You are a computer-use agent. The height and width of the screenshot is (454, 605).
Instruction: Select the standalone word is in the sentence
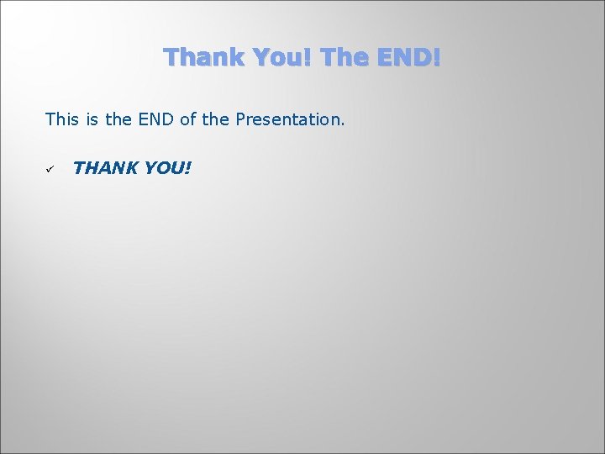(91, 119)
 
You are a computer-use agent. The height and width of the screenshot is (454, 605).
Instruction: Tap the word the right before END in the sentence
(118, 119)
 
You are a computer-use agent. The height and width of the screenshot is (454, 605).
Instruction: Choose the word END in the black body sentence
(157, 119)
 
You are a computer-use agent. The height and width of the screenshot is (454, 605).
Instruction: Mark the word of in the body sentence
(189, 119)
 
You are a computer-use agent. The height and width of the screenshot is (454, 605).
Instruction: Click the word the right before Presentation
(216, 119)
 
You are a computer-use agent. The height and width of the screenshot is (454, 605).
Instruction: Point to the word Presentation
(287, 119)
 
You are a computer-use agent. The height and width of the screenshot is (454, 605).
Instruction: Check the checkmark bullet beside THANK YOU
(50, 169)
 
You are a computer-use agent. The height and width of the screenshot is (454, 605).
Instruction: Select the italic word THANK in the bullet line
(105, 168)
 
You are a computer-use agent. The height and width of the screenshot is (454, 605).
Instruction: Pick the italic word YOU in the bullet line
(164, 168)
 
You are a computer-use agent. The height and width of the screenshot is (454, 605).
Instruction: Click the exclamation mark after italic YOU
(188, 168)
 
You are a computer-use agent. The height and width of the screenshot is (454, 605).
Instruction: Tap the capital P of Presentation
(240, 119)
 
